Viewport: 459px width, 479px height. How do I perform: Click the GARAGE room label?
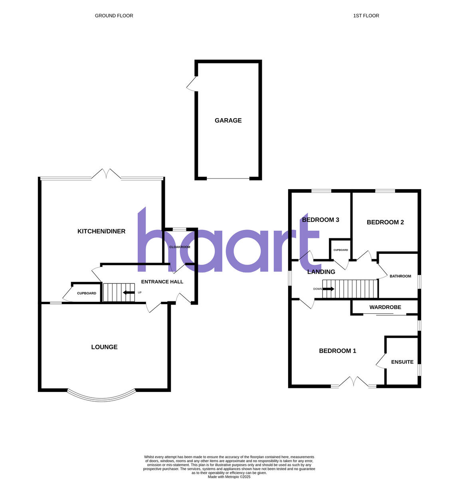[x=228, y=120]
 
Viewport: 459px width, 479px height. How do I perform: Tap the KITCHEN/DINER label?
[x=101, y=231]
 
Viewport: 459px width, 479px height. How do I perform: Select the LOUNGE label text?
[x=104, y=347]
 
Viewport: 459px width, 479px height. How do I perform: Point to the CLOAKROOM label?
[x=180, y=247]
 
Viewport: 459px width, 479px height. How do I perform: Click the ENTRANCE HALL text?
[x=162, y=282]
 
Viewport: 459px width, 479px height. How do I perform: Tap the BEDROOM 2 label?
[x=385, y=222]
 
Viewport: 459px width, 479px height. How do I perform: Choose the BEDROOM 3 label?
[x=321, y=220]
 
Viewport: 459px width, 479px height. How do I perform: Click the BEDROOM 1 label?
[x=337, y=351]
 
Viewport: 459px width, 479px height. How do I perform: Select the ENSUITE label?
[x=402, y=362]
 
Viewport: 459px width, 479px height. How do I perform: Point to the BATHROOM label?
[x=400, y=276]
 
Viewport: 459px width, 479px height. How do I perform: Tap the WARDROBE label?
[x=385, y=307]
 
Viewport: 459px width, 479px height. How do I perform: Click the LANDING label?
[x=321, y=272]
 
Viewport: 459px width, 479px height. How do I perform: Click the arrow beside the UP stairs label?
[x=129, y=293]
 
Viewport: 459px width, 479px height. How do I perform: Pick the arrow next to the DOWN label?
[x=329, y=289]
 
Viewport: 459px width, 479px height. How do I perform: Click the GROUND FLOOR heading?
[x=114, y=16]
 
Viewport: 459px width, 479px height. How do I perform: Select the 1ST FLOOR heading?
[x=366, y=16]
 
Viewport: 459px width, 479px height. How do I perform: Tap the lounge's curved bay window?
[x=101, y=398]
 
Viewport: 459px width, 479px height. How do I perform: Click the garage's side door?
[x=192, y=83]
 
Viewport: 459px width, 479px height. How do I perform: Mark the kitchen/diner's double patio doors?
[x=106, y=174]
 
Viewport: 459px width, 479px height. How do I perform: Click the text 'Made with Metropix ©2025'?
[x=229, y=477]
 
